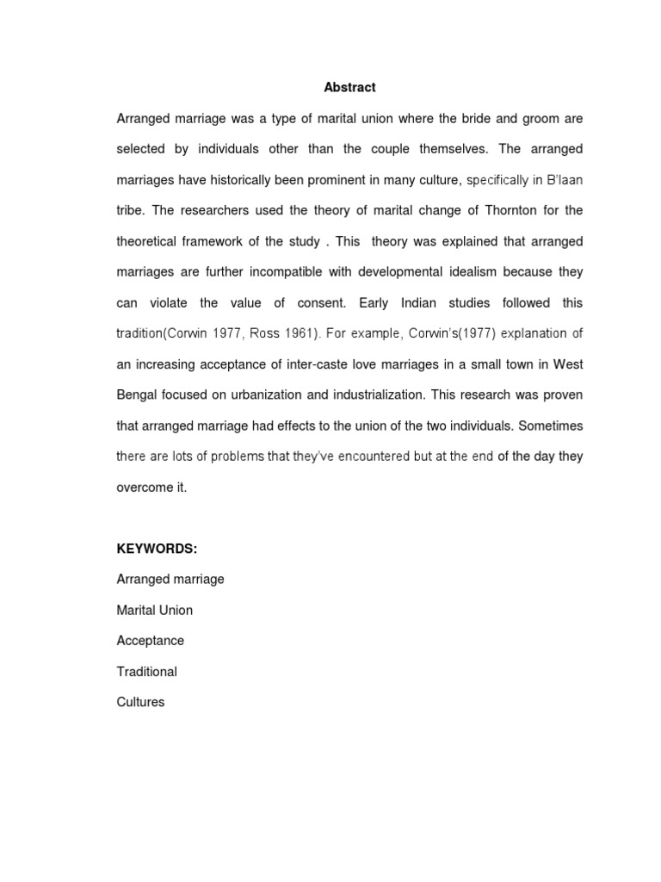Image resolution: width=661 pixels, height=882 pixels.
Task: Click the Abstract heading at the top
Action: [x=349, y=87]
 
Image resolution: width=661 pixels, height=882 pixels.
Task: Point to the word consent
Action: [x=315, y=303]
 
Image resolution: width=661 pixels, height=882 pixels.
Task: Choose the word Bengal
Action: [x=137, y=395]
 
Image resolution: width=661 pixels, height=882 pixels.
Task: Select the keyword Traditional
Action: [x=146, y=671]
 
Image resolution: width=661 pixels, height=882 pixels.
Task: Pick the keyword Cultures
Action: [x=140, y=702]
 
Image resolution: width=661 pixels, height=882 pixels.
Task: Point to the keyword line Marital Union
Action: [x=154, y=610]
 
